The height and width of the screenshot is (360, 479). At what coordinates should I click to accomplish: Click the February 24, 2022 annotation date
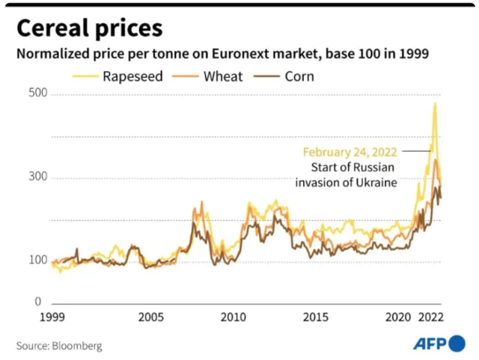coord(350,151)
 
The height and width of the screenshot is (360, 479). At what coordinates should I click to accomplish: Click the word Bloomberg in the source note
coord(77,346)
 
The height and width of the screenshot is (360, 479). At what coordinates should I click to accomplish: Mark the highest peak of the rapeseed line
coord(435,103)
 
